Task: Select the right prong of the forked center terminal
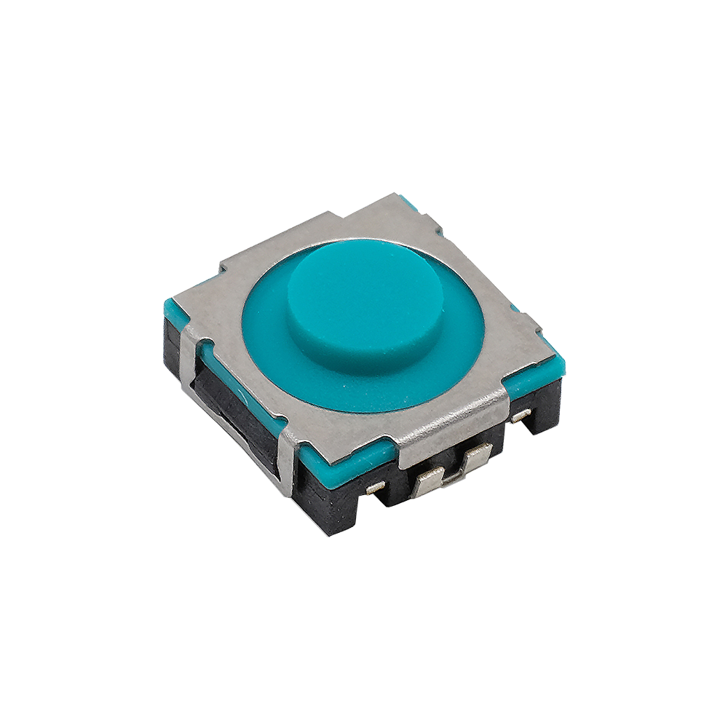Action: [x=477, y=459]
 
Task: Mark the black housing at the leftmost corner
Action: [x=172, y=342]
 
